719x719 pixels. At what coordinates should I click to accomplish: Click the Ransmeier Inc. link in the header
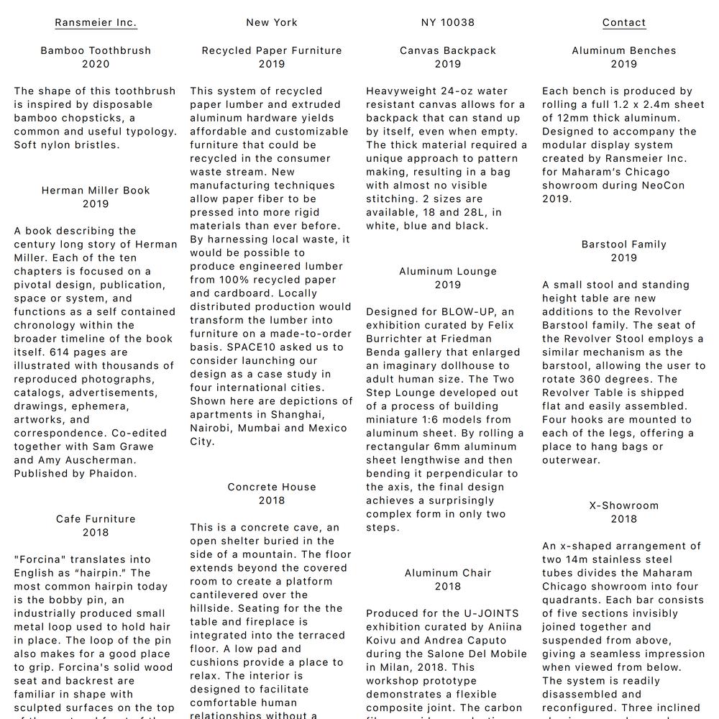point(96,22)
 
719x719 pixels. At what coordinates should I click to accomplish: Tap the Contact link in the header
point(624,22)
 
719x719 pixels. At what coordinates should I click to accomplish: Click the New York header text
point(272,22)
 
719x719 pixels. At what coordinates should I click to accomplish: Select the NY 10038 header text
point(448,22)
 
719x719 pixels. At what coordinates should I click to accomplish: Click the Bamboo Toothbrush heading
point(96,50)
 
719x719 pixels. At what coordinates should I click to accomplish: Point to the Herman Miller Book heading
point(96,191)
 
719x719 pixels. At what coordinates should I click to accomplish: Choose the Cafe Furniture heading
point(96,519)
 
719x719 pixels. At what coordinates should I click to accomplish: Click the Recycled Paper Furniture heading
point(272,50)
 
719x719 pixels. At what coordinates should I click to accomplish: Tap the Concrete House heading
point(272,487)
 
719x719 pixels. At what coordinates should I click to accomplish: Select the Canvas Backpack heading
point(448,50)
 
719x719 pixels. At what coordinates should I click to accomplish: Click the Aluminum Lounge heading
point(448,271)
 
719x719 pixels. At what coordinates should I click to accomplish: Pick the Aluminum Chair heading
point(448,573)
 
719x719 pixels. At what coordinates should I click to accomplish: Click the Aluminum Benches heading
point(624,50)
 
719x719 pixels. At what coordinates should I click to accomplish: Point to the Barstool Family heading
point(624,244)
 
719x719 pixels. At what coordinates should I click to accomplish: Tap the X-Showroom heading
point(624,505)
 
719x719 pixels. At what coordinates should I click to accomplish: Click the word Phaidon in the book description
point(113,474)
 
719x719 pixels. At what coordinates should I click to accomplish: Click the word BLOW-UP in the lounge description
point(468,312)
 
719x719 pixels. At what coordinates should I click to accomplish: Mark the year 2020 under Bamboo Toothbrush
point(96,64)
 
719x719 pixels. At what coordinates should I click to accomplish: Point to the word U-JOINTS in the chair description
point(491,614)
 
